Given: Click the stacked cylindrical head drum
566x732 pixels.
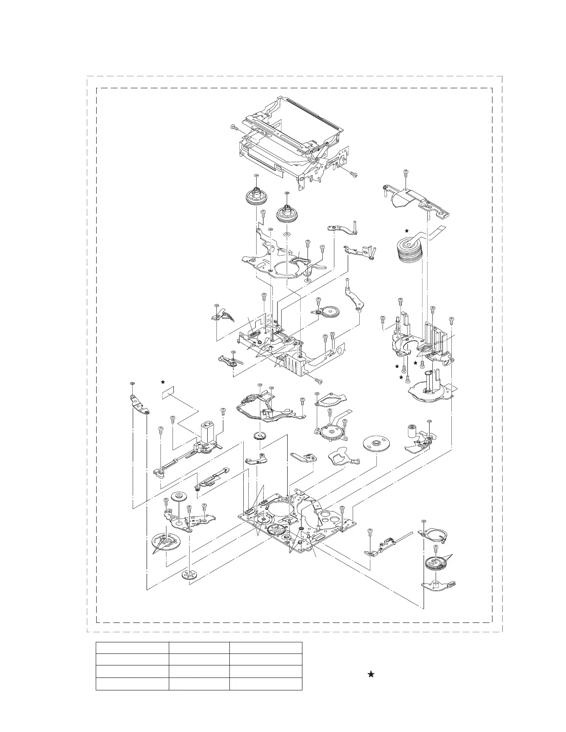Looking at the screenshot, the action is click(x=409, y=256).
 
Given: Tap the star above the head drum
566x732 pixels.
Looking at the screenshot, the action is click(x=406, y=230).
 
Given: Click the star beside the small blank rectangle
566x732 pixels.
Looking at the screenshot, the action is click(x=162, y=382).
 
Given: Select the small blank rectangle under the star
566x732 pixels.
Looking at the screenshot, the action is click(x=167, y=393).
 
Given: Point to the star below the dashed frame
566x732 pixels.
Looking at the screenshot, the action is click(x=370, y=674).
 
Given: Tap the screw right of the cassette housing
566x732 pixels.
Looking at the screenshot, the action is click(x=354, y=175).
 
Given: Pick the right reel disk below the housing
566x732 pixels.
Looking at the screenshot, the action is click(x=286, y=213).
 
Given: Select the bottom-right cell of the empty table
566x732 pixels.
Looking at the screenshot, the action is click(x=266, y=683).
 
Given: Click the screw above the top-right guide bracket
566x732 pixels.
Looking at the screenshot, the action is click(x=406, y=172).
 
